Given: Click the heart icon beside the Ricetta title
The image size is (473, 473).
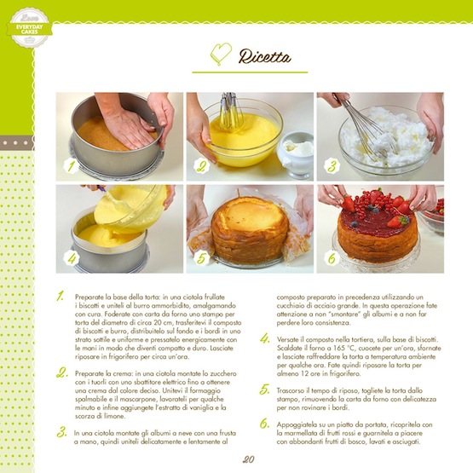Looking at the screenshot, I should (221, 55).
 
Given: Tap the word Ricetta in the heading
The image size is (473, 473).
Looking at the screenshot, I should (265, 57).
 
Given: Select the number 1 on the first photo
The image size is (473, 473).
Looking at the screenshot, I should (72, 166).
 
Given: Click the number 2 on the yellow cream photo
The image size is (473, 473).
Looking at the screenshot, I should (201, 166).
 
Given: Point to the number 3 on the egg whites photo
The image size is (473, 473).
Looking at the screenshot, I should (332, 166).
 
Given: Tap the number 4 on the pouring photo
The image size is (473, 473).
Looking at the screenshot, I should (72, 257).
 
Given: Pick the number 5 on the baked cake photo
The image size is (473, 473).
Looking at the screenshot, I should (202, 257).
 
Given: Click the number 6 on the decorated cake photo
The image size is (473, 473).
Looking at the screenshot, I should (332, 257).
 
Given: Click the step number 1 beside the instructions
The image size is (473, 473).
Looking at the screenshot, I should (61, 297).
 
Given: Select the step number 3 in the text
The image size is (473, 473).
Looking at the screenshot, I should (62, 432).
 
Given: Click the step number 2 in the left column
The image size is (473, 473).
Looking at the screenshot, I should (62, 372).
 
